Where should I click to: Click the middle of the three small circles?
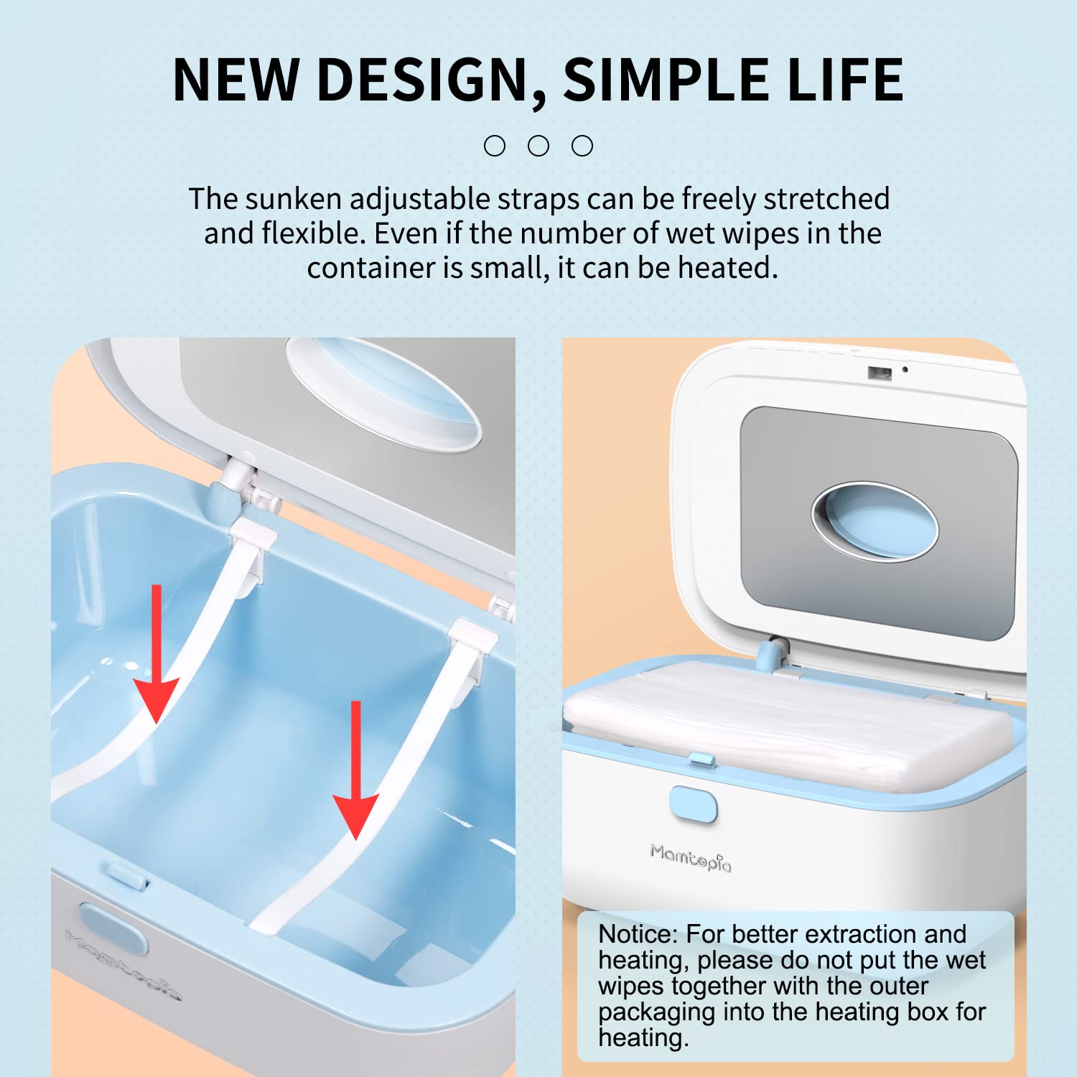[x=538, y=146]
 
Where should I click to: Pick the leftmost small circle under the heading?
[x=495, y=146]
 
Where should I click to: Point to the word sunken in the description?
[x=294, y=199]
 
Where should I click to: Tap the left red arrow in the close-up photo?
[x=156, y=653]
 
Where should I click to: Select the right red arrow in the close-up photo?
[x=355, y=770]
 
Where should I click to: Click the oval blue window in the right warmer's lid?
[x=875, y=519]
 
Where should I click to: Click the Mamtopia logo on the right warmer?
[x=691, y=857]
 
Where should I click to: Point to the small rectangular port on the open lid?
[x=880, y=373]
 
